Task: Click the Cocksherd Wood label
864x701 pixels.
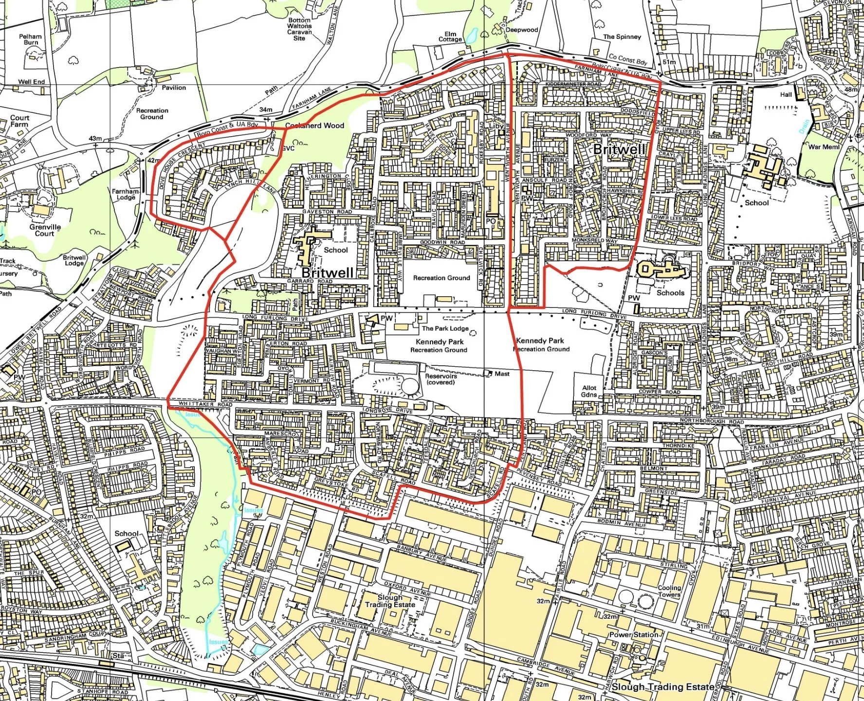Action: (x=314, y=126)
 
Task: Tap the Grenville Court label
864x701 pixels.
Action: (x=45, y=230)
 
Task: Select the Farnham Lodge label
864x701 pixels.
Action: (x=126, y=194)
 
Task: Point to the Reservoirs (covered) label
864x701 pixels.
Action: (x=441, y=379)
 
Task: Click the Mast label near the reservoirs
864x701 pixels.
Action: (x=502, y=374)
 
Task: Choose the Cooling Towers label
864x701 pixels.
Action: (x=669, y=591)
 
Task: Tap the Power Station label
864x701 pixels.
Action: (x=633, y=635)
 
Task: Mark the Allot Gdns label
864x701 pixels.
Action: (x=589, y=391)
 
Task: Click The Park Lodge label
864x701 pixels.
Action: (x=445, y=328)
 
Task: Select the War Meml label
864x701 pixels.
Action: (x=824, y=146)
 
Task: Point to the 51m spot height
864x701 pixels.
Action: (x=669, y=62)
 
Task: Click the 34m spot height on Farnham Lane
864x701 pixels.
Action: (x=266, y=110)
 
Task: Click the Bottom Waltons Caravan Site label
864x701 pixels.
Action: (x=299, y=29)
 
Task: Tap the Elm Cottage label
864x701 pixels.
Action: (x=450, y=36)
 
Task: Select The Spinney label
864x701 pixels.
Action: (x=622, y=37)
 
